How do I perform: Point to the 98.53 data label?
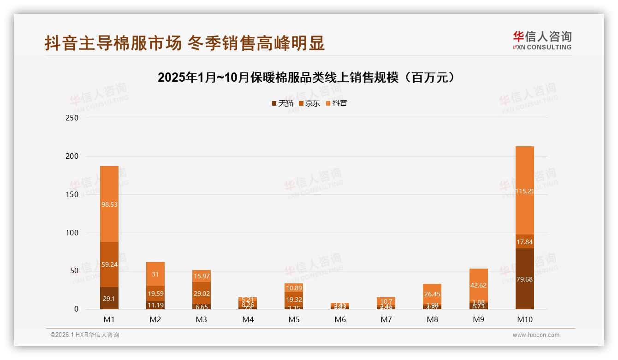(109, 204)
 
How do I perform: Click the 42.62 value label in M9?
(479, 285)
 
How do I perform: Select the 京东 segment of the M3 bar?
(202, 293)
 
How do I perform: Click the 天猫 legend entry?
(283, 103)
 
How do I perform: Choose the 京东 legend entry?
(309, 103)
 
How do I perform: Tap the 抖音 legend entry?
(337, 103)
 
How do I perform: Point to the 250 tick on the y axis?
(73, 118)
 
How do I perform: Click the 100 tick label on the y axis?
(73, 233)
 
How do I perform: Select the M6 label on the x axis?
(340, 319)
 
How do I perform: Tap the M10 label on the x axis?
(525, 319)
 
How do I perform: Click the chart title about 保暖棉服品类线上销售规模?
(306, 78)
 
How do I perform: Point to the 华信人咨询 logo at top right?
(542, 40)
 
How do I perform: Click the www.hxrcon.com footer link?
(536, 335)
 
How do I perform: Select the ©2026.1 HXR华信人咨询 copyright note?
(85, 335)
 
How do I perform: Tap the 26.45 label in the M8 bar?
(433, 294)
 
